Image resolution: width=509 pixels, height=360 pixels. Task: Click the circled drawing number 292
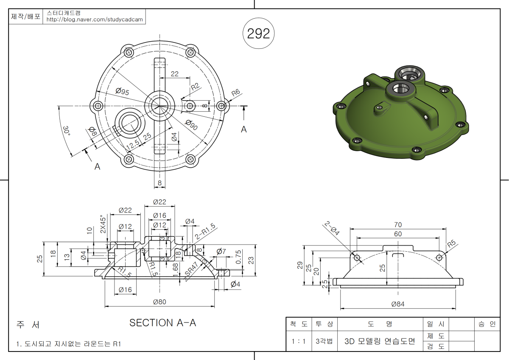tap(258, 34)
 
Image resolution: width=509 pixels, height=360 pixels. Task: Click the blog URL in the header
tap(95, 20)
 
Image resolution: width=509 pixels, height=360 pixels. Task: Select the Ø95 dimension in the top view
tap(123, 92)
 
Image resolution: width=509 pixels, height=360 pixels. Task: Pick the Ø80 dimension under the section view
tap(159, 302)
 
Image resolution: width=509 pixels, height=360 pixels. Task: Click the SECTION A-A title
tap(162, 323)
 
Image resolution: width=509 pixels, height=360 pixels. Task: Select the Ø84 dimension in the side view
tap(398, 304)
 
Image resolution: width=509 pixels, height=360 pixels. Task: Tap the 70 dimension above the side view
tap(397, 225)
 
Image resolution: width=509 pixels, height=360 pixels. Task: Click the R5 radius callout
tap(451, 244)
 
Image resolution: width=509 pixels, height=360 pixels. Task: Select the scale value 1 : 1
tap(299, 341)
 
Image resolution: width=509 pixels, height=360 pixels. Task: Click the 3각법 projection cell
tap(324, 341)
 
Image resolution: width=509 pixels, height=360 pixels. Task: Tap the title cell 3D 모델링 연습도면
tap(380, 341)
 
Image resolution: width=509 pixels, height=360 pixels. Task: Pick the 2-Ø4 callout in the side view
tap(332, 228)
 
